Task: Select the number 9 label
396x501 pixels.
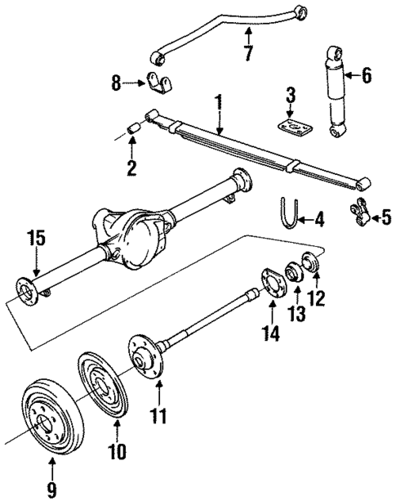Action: tap(51, 490)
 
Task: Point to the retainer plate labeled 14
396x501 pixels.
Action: tap(271, 284)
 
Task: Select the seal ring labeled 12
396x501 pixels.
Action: tap(312, 265)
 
